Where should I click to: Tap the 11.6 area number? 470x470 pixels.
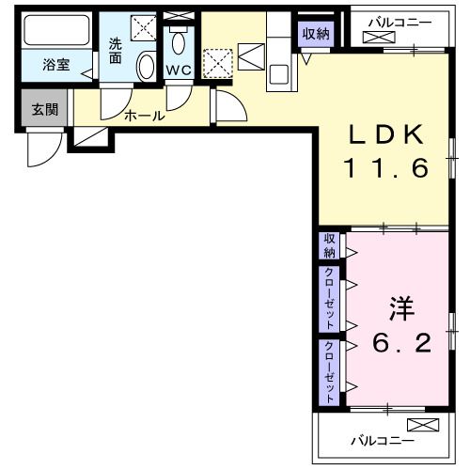pos(384,169)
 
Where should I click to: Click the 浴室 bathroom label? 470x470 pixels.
pos(57,66)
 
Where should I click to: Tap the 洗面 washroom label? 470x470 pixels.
pos(116,49)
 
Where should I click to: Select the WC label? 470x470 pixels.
pos(179,70)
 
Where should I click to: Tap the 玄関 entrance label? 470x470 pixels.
pos(44,109)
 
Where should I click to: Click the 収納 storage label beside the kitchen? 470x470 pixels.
pos(316,34)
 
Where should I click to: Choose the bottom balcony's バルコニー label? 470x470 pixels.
pos(378,439)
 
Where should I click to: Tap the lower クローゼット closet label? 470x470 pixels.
pos(329,369)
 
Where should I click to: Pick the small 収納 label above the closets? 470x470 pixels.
pos(329,245)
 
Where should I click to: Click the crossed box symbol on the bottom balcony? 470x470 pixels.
pos(424,424)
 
